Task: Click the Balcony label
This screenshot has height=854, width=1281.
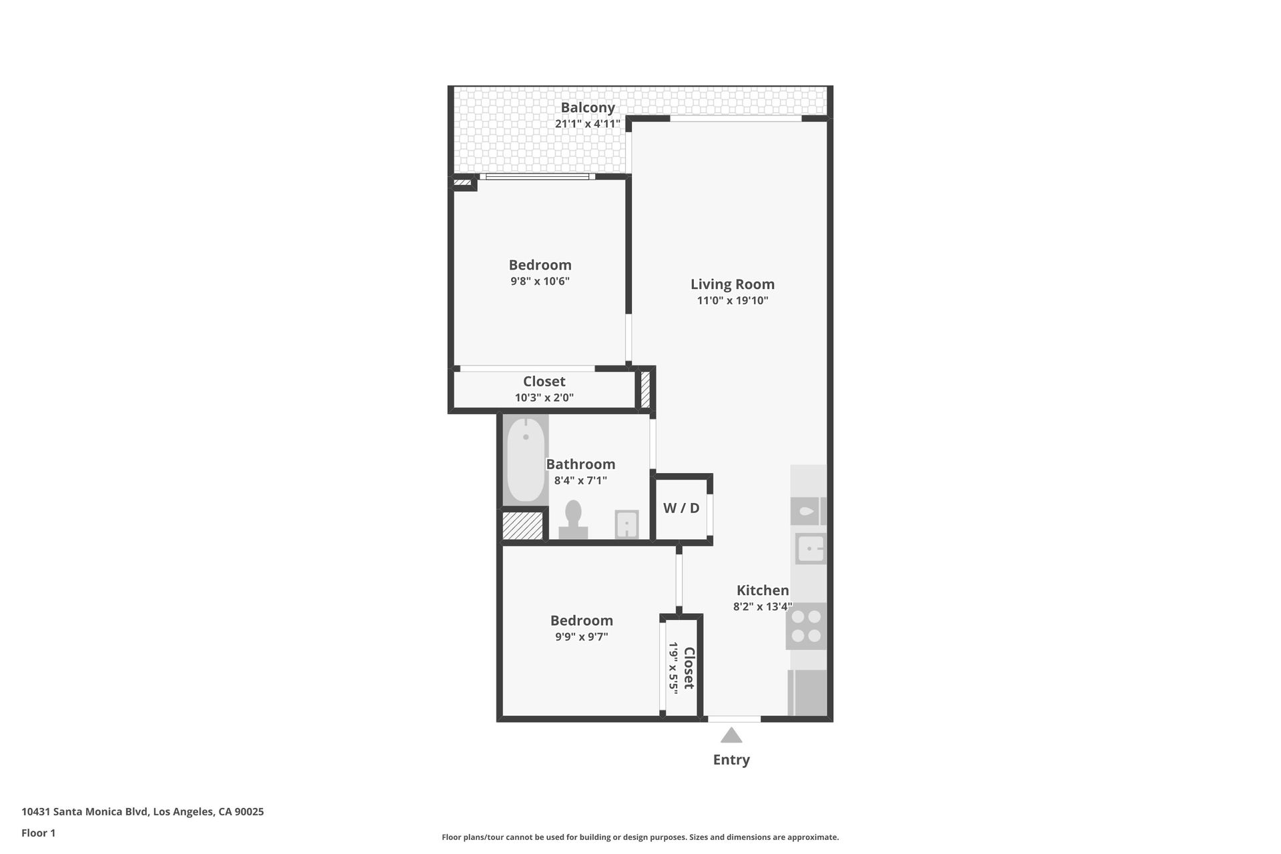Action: pos(587,107)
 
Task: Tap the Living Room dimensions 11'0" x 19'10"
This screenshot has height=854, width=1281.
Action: pos(733,301)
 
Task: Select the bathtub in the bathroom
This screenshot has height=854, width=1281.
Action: pos(525,460)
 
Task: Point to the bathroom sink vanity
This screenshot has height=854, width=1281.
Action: pos(626,524)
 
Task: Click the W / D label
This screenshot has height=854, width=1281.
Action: pos(681,508)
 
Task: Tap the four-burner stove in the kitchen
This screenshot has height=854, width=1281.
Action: pos(806,626)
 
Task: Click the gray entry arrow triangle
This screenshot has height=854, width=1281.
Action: pos(731,736)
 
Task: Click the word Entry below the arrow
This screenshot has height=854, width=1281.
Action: pos(731,760)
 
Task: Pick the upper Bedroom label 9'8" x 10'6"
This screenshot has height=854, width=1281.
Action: pos(540,266)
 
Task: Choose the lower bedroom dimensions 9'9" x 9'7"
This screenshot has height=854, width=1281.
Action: pos(581,637)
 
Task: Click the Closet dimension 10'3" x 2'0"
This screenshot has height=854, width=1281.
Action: pos(544,398)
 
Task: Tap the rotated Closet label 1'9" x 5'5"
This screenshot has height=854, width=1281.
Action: pos(682,668)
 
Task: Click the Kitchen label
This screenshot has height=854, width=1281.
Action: pos(763,590)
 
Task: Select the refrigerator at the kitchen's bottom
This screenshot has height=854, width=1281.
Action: pos(807,693)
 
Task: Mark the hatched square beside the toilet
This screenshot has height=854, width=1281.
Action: pos(522,526)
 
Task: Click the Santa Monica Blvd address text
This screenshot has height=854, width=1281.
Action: pos(142,812)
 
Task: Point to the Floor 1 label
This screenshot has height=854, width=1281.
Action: pos(38,833)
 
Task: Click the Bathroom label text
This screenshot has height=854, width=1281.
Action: pos(580,464)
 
